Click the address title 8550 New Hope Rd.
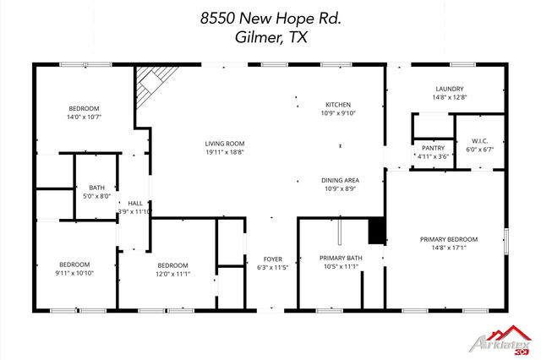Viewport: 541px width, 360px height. [x=270, y=16]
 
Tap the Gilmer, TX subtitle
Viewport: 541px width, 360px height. [x=270, y=38]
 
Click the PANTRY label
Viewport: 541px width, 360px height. [x=433, y=148]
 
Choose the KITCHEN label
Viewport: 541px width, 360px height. [x=337, y=104]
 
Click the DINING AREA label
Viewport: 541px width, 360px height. [x=340, y=180]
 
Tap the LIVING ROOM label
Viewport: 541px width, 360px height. [x=224, y=144]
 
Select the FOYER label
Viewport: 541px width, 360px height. [x=272, y=259]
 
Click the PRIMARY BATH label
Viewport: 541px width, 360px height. [x=341, y=258]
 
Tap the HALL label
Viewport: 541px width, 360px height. [x=135, y=204]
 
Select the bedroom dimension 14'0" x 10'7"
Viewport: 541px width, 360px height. [x=85, y=117]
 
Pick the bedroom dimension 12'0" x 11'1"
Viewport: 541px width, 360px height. [x=172, y=274]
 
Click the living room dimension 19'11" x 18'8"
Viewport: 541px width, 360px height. [x=224, y=152]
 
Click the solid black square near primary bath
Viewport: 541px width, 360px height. [x=377, y=230]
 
